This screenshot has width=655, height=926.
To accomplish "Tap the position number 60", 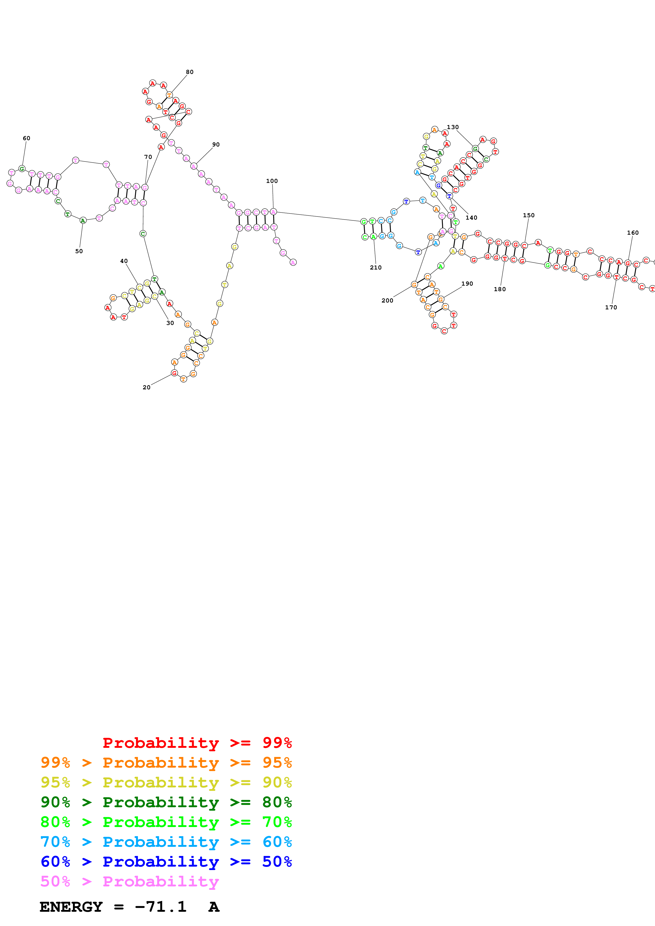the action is coord(26,138).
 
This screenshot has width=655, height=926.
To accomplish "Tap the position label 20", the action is coord(146,387).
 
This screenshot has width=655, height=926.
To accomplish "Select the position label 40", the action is coord(124,261).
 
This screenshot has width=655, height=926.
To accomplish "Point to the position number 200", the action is coord(387,300).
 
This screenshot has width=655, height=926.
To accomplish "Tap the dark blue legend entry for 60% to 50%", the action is coord(166,862).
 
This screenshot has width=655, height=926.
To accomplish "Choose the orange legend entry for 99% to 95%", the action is coord(166,763).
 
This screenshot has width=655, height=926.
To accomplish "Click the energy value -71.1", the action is coord(161,907).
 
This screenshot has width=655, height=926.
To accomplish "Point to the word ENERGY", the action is coord(71,907).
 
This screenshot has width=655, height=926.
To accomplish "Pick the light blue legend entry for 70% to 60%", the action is coord(166,842).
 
